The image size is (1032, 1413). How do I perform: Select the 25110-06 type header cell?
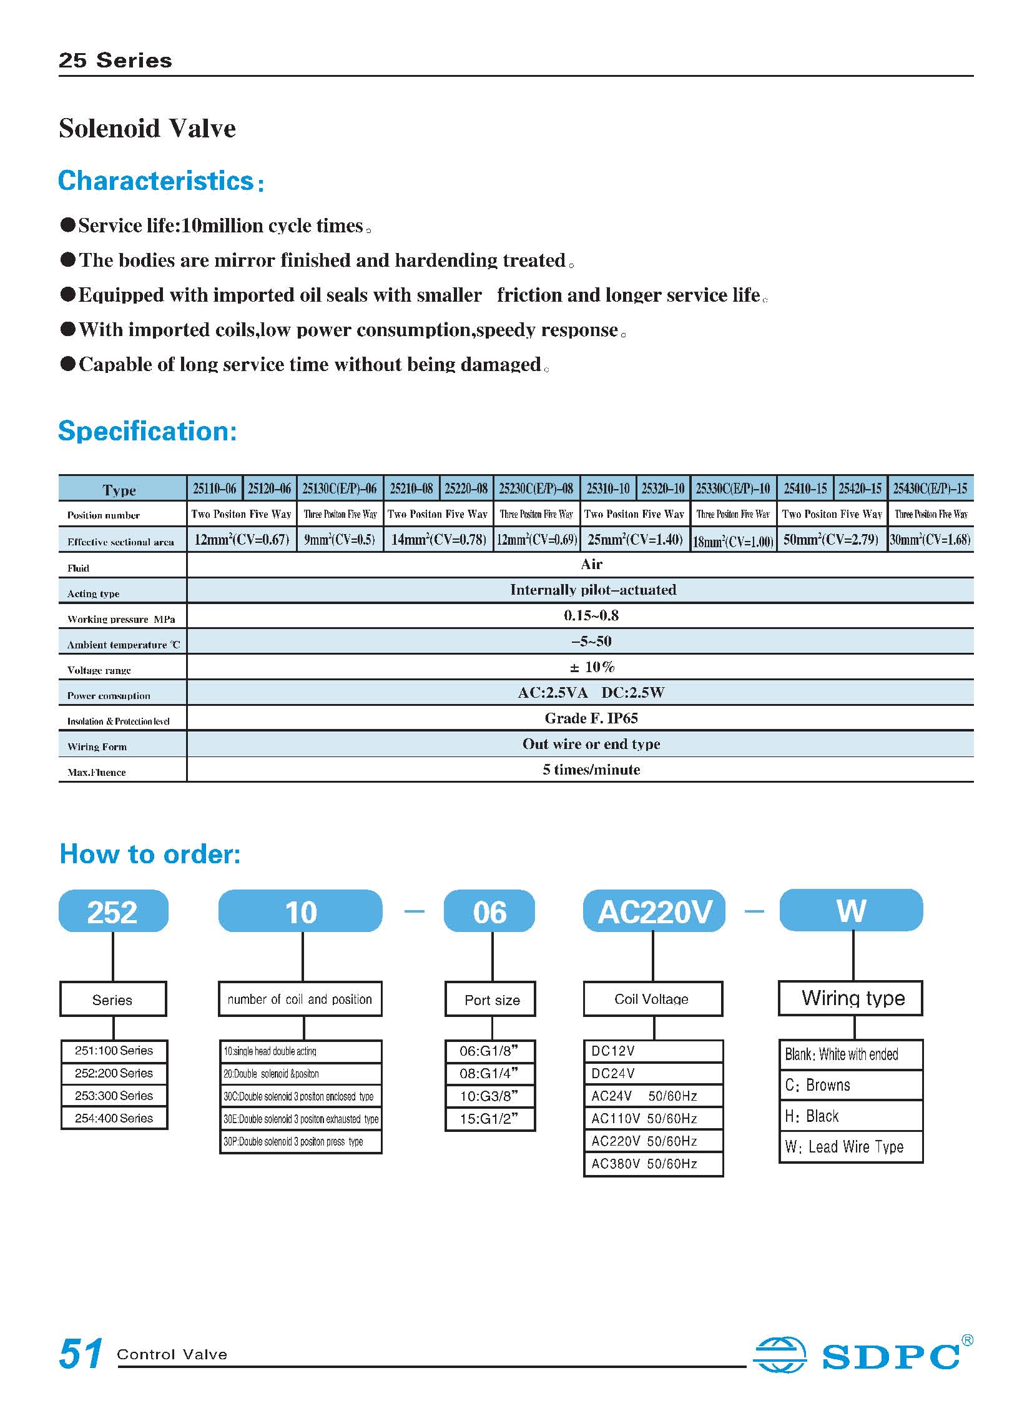[214, 488]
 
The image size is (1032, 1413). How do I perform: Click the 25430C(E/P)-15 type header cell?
[930, 488]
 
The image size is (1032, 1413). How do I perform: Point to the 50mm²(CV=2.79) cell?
[831, 539]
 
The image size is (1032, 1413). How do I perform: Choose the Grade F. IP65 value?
[591, 718]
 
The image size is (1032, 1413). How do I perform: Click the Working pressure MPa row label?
[121, 618]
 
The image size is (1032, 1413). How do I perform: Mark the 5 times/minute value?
[591, 770]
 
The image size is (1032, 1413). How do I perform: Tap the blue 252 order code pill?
[113, 911]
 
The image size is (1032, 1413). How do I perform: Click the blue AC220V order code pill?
[654, 911]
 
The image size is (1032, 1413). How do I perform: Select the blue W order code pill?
[851, 910]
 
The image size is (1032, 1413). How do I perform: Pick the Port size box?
[491, 999]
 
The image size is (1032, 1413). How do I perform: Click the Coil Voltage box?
[652, 999]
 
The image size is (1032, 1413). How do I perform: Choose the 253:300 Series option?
[114, 1096]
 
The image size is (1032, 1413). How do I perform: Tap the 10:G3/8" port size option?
[489, 1096]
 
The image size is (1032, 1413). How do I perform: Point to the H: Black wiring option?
[812, 1116]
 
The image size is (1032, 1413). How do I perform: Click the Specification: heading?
[147, 431]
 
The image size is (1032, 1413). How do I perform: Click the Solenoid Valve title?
[147, 129]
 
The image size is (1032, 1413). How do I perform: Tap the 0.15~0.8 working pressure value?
[591, 615]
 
